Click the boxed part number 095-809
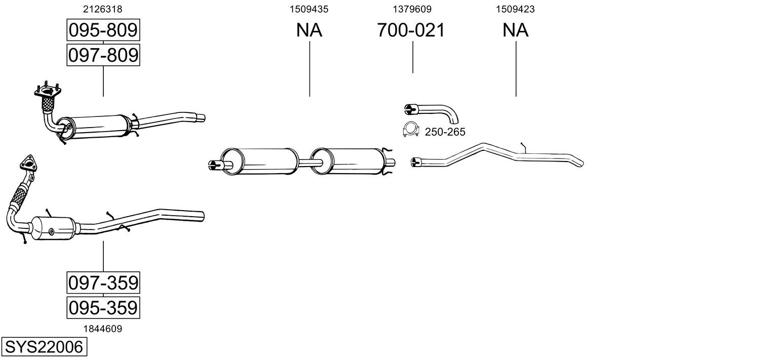(x=103, y=30)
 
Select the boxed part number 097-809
(x=103, y=55)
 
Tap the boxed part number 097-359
(x=103, y=283)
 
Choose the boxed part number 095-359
(x=103, y=307)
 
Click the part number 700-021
(x=411, y=30)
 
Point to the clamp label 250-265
(x=445, y=132)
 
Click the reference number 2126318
(x=102, y=9)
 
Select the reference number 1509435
(x=309, y=9)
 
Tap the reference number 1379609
(x=412, y=9)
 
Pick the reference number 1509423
(x=515, y=9)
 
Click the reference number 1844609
(x=102, y=329)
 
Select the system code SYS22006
(x=44, y=347)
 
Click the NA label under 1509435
(x=309, y=30)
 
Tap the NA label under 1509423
(x=515, y=30)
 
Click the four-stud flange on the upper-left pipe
(x=48, y=91)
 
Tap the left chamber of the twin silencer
(x=259, y=161)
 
